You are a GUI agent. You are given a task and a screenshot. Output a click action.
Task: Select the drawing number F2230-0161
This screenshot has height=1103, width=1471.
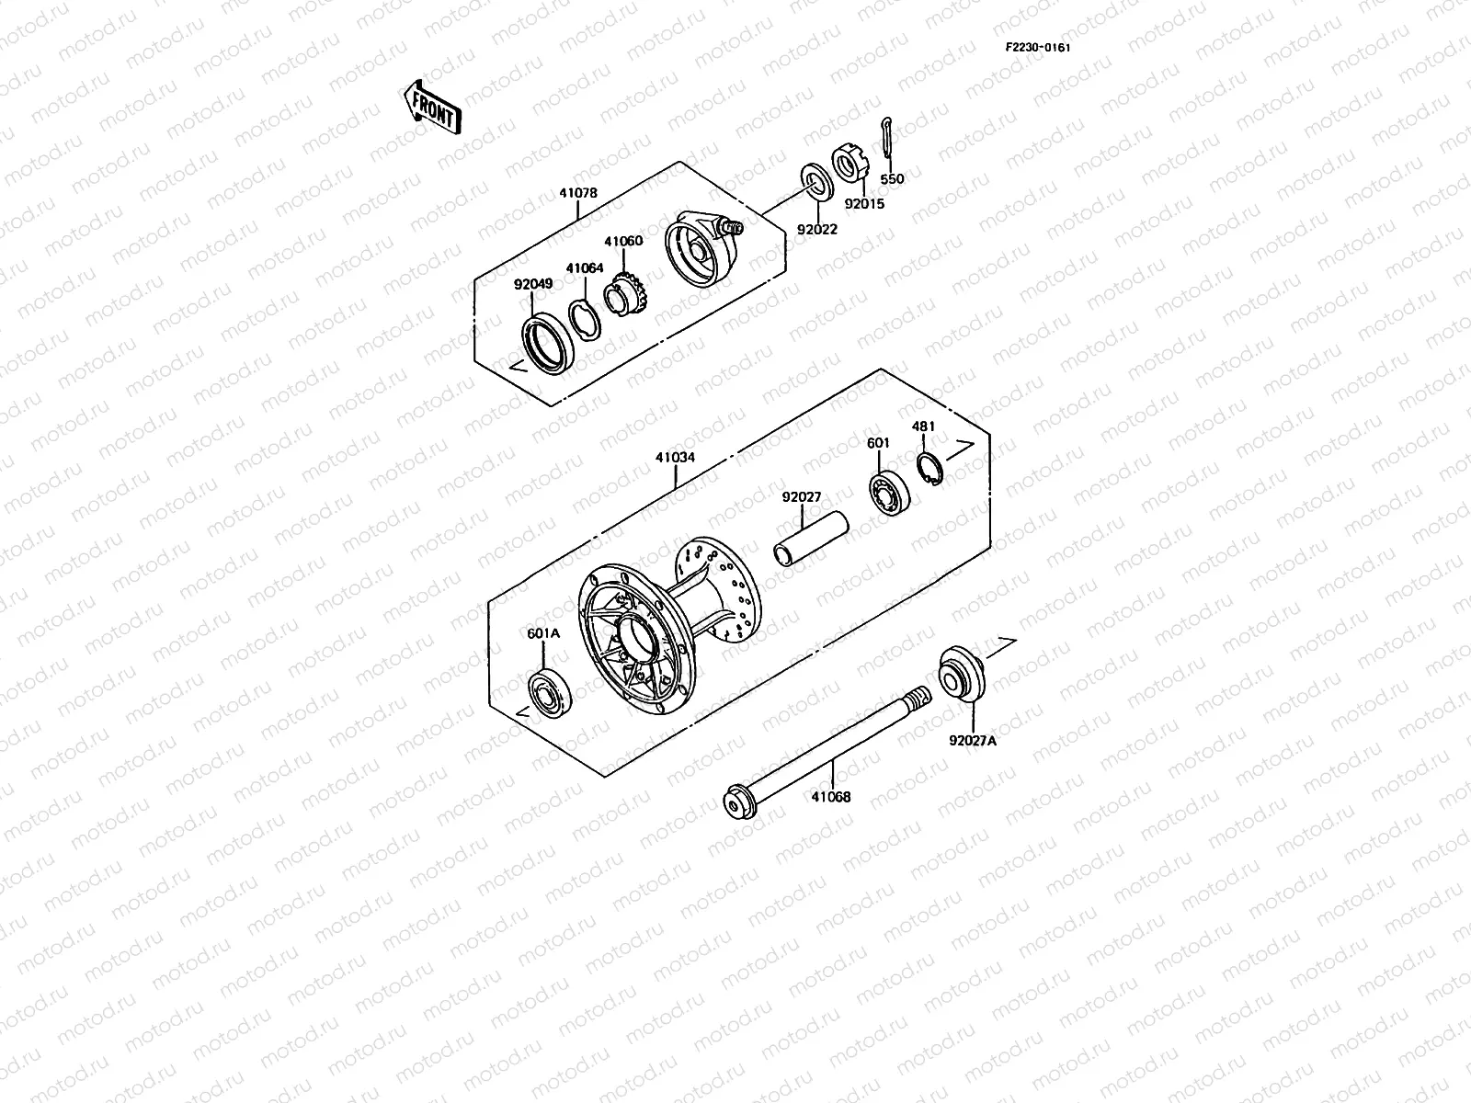(x=1037, y=48)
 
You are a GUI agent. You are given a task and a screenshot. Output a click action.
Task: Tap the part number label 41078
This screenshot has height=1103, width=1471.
(x=577, y=194)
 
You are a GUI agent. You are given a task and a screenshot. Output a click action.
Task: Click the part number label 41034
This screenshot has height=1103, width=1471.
(x=676, y=458)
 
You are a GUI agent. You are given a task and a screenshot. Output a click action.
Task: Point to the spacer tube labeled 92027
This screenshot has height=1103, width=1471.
(x=812, y=543)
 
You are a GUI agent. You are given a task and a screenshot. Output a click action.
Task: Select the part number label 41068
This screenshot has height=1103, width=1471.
(x=831, y=797)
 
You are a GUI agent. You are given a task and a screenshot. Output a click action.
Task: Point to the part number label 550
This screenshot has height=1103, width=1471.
(x=892, y=179)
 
